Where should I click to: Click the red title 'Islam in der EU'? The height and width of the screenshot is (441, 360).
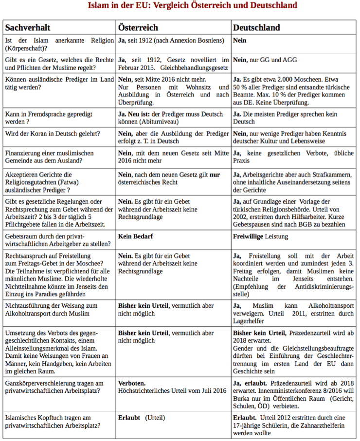(x=192, y=6)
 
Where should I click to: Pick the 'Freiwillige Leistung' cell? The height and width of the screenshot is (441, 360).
(x=260, y=236)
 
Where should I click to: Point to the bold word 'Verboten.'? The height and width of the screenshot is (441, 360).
(x=132, y=383)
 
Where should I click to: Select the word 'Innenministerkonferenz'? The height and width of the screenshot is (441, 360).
(x=275, y=391)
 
